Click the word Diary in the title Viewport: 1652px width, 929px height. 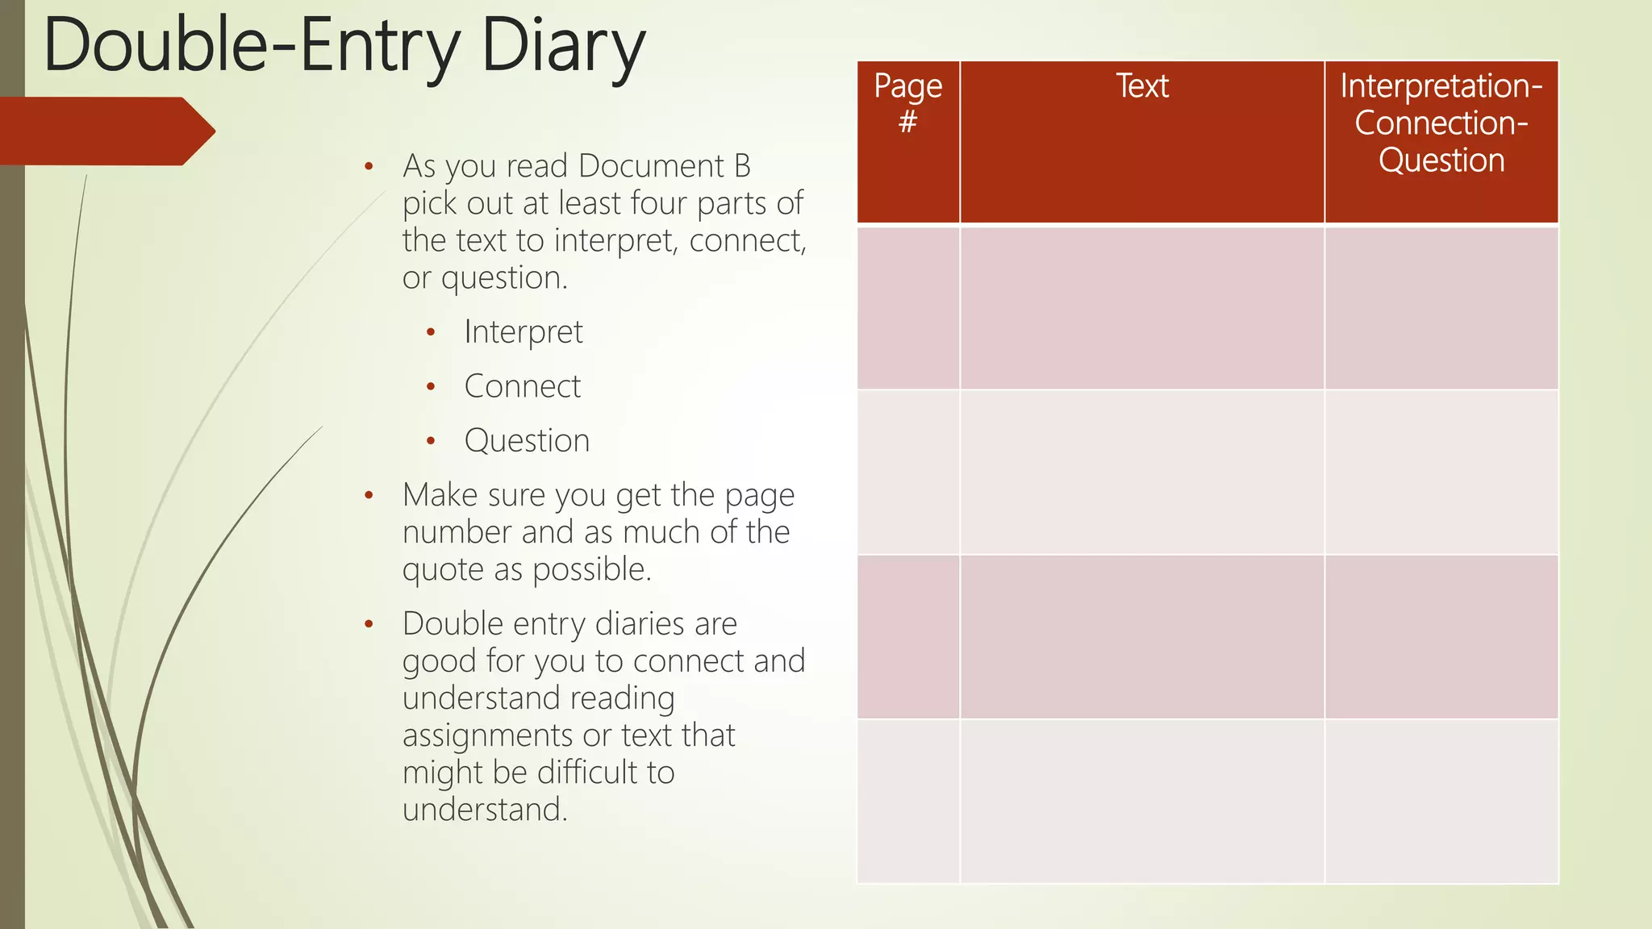[x=563, y=47]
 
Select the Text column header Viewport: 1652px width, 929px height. [x=1141, y=86]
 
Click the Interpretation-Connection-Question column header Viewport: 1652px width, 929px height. [x=1441, y=123]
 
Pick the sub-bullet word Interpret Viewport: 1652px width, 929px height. [x=523, y=332]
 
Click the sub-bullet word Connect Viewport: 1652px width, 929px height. [x=522, y=387]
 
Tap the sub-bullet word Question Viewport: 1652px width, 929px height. [x=527, y=441]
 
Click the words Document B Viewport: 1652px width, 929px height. [x=664, y=166]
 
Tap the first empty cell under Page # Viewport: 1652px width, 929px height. [x=907, y=308]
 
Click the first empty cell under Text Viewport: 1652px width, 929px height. [x=1141, y=308]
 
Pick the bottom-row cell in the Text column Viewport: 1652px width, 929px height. [x=1141, y=801]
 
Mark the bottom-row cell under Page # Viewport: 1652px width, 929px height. [x=907, y=801]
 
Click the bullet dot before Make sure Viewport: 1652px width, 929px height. [x=369, y=496]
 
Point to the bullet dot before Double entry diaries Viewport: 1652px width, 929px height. [x=369, y=624]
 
